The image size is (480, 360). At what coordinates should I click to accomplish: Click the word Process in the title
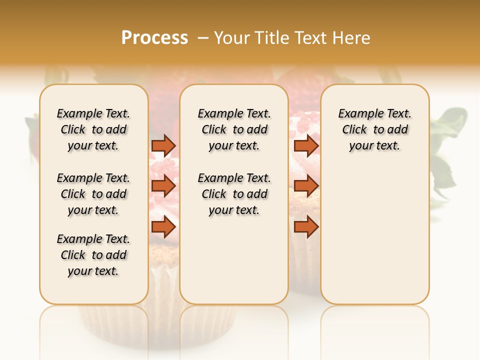tap(154, 38)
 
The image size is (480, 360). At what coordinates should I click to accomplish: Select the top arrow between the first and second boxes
tap(163, 145)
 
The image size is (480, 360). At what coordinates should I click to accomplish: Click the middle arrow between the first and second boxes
tap(163, 186)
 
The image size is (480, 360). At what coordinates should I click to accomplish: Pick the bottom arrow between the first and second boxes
tap(163, 227)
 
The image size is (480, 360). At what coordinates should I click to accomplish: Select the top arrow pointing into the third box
tap(306, 145)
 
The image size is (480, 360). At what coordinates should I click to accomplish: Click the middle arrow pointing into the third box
tap(306, 186)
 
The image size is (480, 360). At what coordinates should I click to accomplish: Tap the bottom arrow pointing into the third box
tap(306, 227)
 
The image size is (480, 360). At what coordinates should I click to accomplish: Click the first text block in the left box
tap(93, 129)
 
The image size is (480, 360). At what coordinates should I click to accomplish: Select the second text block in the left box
tap(93, 194)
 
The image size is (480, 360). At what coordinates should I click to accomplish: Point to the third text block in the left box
tap(93, 255)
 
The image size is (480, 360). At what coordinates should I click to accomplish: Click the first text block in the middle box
tap(234, 129)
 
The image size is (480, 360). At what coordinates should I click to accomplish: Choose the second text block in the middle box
tap(234, 194)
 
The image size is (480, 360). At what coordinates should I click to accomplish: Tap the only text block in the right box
tap(374, 129)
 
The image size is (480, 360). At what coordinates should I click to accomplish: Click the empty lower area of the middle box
tap(234, 260)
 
